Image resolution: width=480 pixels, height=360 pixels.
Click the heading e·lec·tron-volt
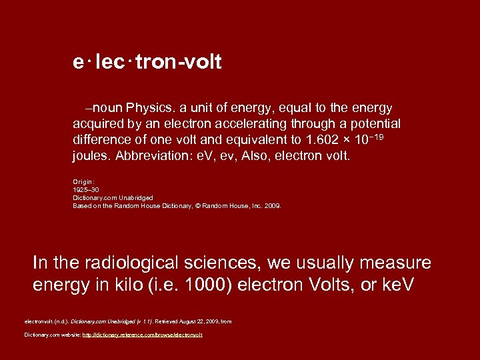pyautogui.click(x=147, y=63)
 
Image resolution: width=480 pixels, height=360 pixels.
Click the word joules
pyautogui.click(x=91, y=157)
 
